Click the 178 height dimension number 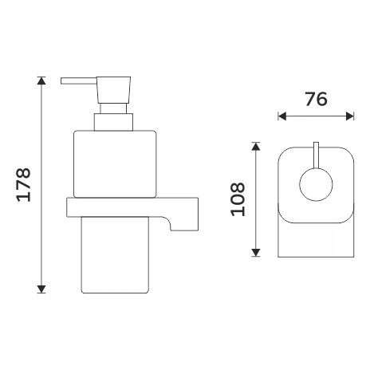pyautogui.click(x=24, y=185)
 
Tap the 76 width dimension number pyautogui.click(x=316, y=99)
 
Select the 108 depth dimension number pyautogui.click(x=238, y=199)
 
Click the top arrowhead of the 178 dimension pyautogui.click(x=41, y=81)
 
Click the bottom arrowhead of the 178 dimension pyautogui.click(x=41, y=289)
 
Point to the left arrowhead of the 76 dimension pyautogui.click(x=282, y=116)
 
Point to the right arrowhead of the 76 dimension pyautogui.click(x=350, y=116)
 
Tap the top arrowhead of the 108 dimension pyautogui.click(x=255, y=146)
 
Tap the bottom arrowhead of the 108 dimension pyautogui.click(x=255, y=253)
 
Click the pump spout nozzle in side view pyautogui.click(x=79, y=81)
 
